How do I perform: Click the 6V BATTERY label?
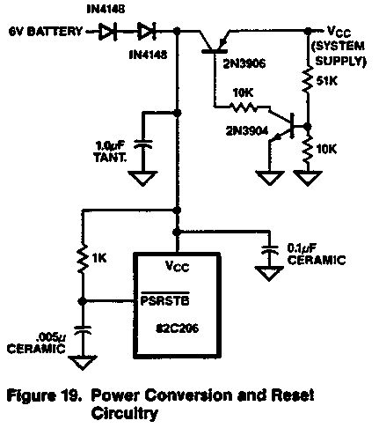click(46, 31)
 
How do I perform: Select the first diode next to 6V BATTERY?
click(107, 31)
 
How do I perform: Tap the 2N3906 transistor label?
click(244, 63)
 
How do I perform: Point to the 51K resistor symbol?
click(308, 80)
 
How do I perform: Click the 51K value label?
click(327, 80)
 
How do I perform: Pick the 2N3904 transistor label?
click(247, 130)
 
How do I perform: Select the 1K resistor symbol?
click(83, 258)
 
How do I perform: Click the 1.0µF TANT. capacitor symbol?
click(142, 144)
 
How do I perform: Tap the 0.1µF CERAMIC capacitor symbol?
click(269, 249)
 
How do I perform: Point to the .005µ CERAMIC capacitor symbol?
click(83, 329)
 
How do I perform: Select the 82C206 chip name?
click(177, 328)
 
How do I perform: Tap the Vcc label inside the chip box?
click(177, 266)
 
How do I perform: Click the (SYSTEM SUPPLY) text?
click(339, 54)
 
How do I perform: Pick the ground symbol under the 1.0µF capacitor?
click(142, 178)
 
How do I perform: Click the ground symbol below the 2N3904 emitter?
click(270, 178)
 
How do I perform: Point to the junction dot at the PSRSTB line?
click(83, 301)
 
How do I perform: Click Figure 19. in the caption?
click(44, 396)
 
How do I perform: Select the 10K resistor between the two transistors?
click(244, 107)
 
